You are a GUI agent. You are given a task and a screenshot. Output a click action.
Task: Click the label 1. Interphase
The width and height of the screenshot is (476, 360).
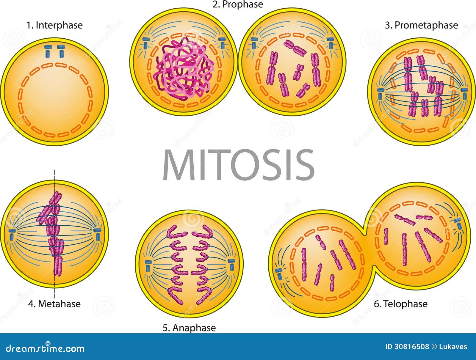[54, 25]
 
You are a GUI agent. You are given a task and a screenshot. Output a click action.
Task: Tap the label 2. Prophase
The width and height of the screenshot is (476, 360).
[237, 4]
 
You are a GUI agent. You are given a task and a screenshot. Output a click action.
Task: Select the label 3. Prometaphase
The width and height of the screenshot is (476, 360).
[421, 25]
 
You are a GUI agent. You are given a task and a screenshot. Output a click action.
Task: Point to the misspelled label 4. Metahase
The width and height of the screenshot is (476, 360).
[54, 304]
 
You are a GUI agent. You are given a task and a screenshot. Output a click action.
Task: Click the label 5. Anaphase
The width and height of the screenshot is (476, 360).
[189, 328]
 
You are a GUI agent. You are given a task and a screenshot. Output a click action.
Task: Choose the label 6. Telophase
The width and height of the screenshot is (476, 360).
[400, 304]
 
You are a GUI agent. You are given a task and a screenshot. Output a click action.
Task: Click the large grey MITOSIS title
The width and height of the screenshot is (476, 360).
[238, 165]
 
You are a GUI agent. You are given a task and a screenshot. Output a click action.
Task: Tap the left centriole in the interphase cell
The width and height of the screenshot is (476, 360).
[48, 51]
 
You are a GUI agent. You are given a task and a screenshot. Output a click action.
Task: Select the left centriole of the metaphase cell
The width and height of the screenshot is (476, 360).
[12, 234]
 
